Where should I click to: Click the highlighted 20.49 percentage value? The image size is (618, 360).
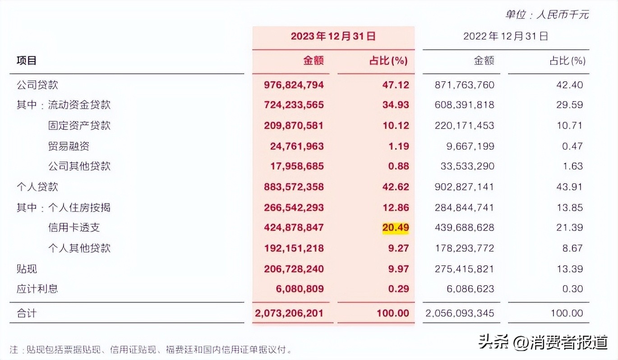395,228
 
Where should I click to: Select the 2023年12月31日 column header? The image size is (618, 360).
333,37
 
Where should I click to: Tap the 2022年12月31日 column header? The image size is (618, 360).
505,37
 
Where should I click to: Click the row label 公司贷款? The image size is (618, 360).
37,85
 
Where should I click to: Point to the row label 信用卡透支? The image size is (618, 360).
74,228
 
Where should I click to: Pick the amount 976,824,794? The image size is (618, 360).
294,85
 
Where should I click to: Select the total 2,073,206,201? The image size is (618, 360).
289,313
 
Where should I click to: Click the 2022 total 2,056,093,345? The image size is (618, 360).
460,313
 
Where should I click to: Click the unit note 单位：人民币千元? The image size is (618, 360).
547,14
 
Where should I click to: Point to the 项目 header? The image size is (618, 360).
27,60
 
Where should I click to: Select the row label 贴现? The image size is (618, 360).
27,269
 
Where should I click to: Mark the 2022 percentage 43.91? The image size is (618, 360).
570,187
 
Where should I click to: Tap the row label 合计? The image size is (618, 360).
27,313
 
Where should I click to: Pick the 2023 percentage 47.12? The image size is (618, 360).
395,85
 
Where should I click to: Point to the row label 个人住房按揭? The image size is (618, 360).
79,208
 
